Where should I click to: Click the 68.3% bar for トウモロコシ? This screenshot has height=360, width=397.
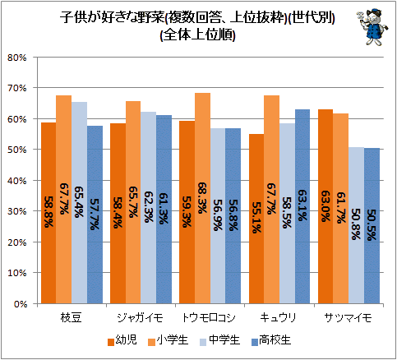pos(202,198)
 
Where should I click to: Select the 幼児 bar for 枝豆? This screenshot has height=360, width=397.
pos(48,213)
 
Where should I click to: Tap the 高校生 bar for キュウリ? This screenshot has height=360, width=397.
pos(302,206)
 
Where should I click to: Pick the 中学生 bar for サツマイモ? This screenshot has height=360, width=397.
pos(356,225)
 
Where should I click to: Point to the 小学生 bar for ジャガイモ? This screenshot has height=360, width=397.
pos(133,202)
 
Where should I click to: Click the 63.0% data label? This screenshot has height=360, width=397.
pos(325,206)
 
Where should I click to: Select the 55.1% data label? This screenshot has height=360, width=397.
pos(256,218)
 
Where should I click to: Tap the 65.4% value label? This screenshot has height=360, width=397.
pos(79,202)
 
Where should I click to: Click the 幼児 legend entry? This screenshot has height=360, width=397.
pos(122,340)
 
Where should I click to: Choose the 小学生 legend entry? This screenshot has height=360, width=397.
pos(168,340)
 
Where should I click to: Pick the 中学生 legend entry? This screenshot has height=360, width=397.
pos(219,340)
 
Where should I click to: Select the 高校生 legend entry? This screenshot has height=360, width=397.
pos(271,340)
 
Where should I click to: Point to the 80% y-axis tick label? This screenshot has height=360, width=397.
pos(17,58)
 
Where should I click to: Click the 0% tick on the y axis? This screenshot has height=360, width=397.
pos(21,304)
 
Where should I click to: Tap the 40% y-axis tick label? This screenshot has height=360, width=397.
pos(17,181)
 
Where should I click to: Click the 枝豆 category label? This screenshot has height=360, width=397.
pos(71,318)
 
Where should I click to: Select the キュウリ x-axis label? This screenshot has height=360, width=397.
pos(278,318)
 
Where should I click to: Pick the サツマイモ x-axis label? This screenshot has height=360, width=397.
pos(348,318)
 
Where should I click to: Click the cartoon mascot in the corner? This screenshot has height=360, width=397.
pos(372,27)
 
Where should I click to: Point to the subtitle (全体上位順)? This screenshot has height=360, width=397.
pos(197,35)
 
